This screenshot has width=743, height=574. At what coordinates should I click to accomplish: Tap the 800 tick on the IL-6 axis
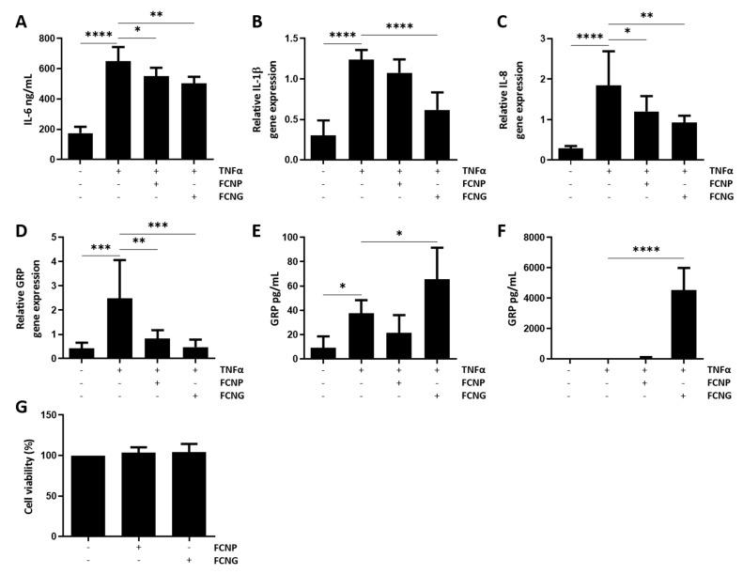tap(47, 39)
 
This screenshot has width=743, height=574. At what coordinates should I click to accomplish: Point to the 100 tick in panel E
tap(292, 238)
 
